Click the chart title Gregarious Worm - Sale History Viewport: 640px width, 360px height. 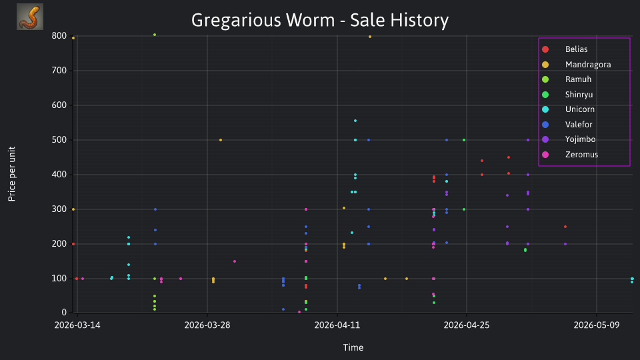320,20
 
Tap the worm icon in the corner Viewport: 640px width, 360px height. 30,17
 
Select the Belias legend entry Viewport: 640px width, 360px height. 565,49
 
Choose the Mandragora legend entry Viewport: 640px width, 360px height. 576,65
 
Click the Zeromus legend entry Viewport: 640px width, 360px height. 570,155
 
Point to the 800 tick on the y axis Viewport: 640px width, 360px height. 59,36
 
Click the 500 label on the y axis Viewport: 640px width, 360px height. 59,139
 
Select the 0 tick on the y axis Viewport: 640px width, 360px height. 64,313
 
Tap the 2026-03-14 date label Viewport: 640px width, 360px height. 77,325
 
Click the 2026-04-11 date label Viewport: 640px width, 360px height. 337,325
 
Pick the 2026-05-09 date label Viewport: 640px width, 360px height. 596,325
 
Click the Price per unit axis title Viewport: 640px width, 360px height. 12,174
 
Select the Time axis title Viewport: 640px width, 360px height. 353,348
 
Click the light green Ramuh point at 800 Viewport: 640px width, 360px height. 155,35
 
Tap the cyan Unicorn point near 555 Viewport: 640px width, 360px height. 355,121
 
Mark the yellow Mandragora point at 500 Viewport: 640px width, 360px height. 221,140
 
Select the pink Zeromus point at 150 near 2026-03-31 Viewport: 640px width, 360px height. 235,261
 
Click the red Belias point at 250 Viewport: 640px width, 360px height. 565,227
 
